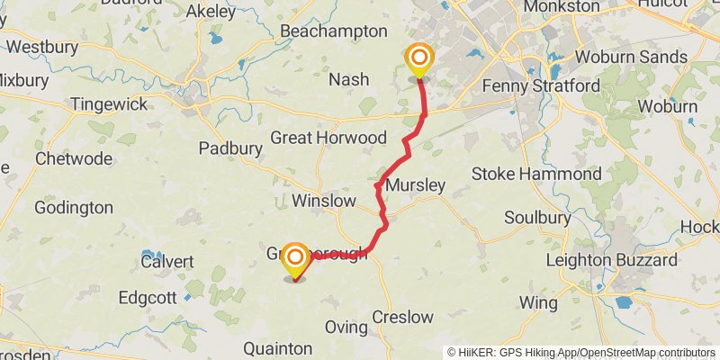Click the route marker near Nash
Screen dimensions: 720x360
coord(418,60)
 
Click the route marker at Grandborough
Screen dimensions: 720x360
coord(294,260)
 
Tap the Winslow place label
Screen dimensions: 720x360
coord(324,201)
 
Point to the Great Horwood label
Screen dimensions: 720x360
coord(328,138)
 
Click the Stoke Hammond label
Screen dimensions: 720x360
coord(549,173)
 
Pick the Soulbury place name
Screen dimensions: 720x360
coord(537,218)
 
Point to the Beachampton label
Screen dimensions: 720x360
coord(333,31)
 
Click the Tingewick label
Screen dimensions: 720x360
coord(109,104)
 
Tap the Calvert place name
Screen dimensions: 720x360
coord(166,261)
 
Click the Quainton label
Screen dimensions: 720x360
coord(278,348)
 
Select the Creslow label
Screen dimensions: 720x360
coord(402,317)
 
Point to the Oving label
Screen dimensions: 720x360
coord(346,328)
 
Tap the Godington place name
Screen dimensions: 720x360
coord(74,208)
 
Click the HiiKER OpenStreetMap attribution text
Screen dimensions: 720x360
coord(581,352)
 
